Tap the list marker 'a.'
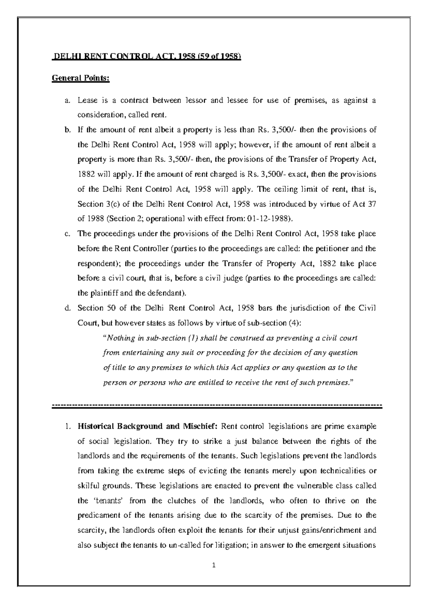(67, 101)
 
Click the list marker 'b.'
(67, 130)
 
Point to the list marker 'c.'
(67, 234)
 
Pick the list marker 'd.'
(67, 308)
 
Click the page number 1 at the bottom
(214, 565)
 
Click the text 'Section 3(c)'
(95, 204)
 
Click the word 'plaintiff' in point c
(103, 293)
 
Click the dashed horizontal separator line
(217, 406)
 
